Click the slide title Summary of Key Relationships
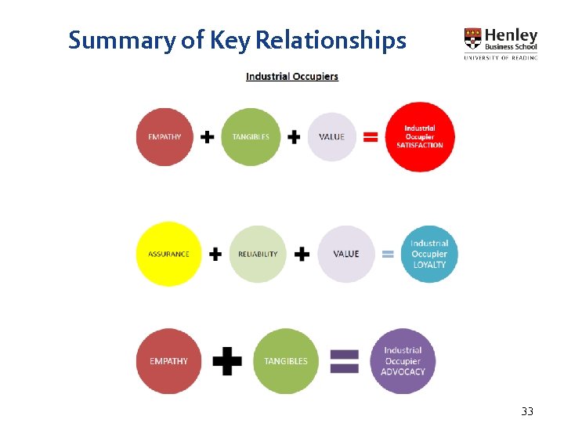point(237,40)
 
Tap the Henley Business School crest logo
point(473,38)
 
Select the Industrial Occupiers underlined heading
point(292,77)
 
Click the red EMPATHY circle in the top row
point(164,137)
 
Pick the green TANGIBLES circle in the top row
point(251,137)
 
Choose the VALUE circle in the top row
point(332,137)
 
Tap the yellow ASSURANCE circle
point(168,254)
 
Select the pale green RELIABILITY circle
point(258,254)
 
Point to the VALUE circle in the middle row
point(346,254)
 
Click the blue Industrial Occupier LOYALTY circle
point(429,254)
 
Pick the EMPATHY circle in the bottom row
point(168,361)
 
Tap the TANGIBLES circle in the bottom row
point(286,361)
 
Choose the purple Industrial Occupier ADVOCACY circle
point(403,361)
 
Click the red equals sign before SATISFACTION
point(371,137)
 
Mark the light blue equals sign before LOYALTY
point(388,254)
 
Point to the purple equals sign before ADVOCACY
point(344,361)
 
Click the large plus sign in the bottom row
point(227,361)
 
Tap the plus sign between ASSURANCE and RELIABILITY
point(215,254)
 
